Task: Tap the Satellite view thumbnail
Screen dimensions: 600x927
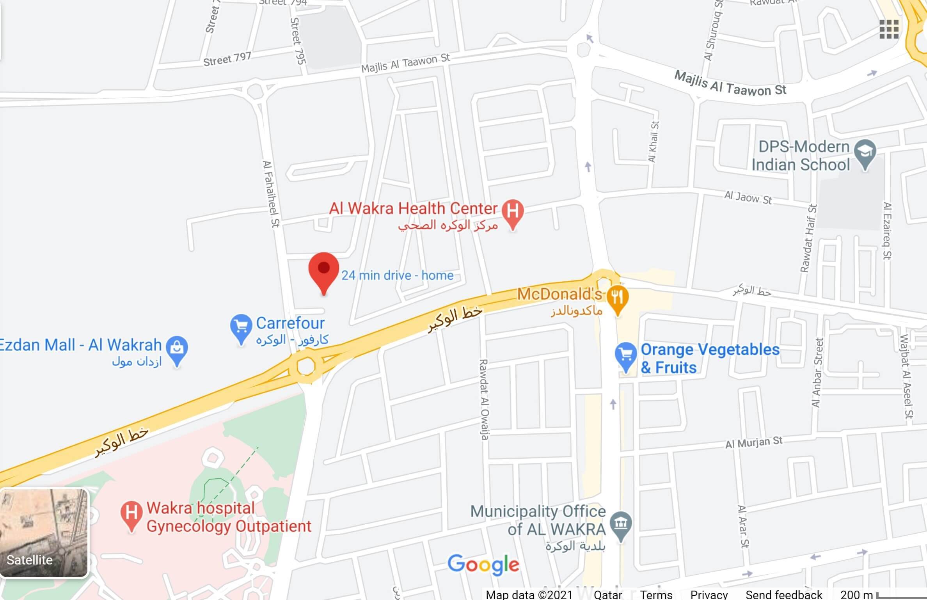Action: click(44, 533)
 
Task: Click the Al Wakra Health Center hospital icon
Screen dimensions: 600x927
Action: click(513, 211)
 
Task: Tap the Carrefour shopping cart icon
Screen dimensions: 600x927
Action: click(241, 327)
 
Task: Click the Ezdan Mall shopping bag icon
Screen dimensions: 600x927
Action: click(177, 348)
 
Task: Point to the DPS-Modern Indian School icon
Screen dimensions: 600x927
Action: click(865, 152)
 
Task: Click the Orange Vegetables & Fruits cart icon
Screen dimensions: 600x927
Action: click(625, 355)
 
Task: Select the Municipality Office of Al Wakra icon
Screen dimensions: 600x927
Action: click(621, 524)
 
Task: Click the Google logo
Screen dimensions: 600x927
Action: click(483, 564)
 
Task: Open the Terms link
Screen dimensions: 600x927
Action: click(656, 595)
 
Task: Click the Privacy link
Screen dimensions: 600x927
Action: click(709, 595)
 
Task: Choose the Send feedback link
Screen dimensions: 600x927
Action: click(783, 595)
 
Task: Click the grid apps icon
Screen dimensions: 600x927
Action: click(889, 29)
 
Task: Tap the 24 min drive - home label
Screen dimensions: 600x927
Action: click(397, 275)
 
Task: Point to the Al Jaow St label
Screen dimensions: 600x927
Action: click(748, 197)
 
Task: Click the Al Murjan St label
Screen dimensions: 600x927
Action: click(753, 443)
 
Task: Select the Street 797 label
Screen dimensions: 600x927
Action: click(227, 59)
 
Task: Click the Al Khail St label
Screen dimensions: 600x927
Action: click(653, 142)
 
